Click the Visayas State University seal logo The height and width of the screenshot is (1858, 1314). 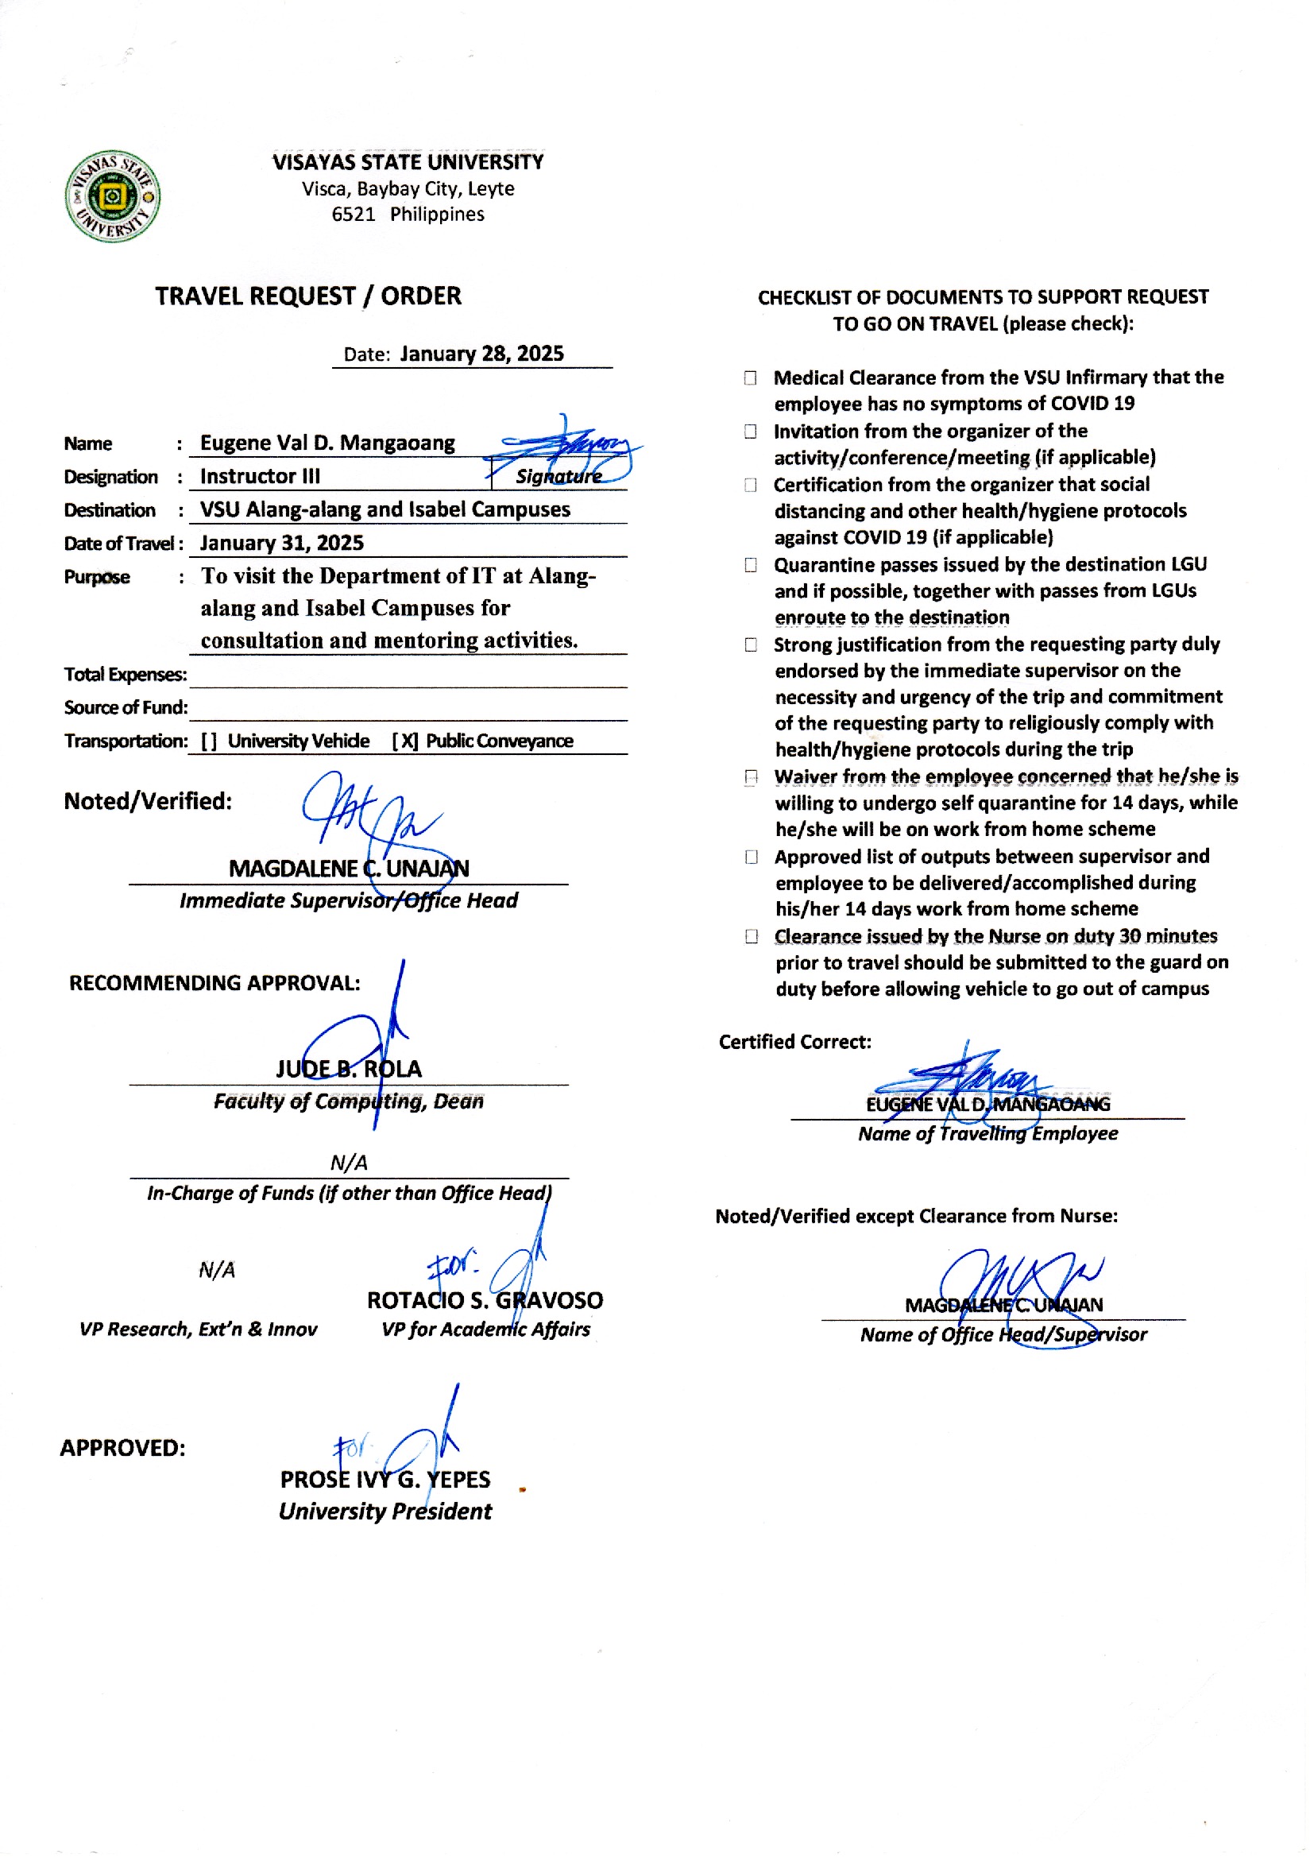tap(113, 195)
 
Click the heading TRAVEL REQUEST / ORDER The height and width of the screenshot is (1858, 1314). tap(308, 296)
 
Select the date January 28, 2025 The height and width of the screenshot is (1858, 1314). tap(482, 354)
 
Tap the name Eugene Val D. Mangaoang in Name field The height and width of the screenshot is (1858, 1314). tap(327, 443)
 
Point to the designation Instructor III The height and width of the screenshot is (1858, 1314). tap(260, 476)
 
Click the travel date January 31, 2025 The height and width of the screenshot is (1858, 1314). tap(281, 543)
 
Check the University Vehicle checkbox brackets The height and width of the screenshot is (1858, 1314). tap(209, 741)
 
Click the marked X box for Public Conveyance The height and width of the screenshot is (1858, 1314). tap(405, 741)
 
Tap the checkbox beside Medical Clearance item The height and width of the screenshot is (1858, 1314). tap(751, 378)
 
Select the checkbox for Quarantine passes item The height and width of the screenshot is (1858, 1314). tap(751, 565)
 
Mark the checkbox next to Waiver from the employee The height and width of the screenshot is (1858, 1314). tap(751, 778)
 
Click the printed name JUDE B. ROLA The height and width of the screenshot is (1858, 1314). tap(349, 1069)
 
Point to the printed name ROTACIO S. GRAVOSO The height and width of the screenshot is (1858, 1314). tap(485, 1300)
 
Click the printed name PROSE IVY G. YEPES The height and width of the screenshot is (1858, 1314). tap(385, 1479)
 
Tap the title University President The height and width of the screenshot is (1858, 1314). tap(385, 1512)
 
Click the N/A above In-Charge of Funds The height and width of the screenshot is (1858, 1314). tap(349, 1163)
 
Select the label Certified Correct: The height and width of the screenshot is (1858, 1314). tap(794, 1042)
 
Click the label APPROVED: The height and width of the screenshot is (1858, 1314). tap(122, 1448)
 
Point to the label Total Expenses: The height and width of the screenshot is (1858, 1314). tap(126, 674)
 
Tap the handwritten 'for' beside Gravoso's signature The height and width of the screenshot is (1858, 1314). tap(451, 1265)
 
